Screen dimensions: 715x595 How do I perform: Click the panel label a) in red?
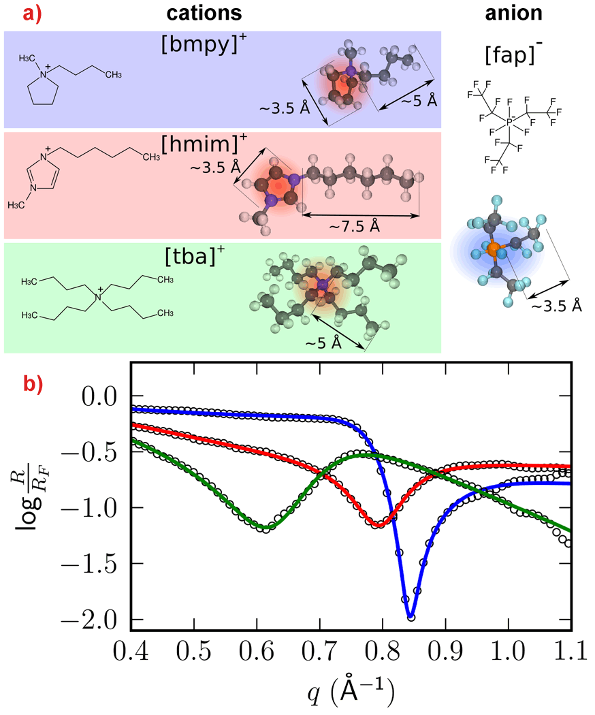pos(17,14)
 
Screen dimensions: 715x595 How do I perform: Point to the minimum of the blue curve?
pos(411,616)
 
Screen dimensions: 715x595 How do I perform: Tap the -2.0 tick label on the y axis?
pos(98,620)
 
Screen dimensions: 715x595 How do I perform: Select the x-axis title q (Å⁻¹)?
pos(349,693)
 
